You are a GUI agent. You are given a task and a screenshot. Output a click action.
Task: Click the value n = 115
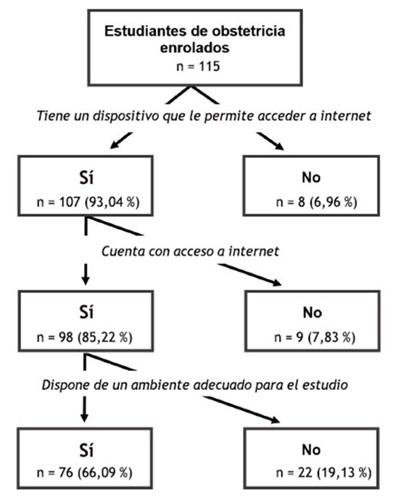pyautogui.click(x=198, y=67)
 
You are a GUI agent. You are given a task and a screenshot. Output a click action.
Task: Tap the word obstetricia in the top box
pyautogui.click(x=244, y=31)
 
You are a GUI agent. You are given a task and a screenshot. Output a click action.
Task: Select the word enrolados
pyautogui.click(x=195, y=48)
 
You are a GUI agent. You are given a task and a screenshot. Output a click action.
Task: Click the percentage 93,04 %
pyautogui.click(x=112, y=202)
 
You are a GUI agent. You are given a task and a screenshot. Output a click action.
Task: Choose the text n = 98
pyautogui.click(x=55, y=337)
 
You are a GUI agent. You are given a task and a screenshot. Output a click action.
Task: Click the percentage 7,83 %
pyautogui.click(x=332, y=337)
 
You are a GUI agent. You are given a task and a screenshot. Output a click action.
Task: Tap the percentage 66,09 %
pyautogui.click(x=104, y=473)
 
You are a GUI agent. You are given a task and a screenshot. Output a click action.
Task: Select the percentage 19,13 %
pyautogui.click(x=344, y=473)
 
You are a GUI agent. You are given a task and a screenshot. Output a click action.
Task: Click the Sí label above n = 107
pyautogui.click(x=86, y=177)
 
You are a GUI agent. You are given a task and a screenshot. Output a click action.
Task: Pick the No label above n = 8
pyautogui.click(x=311, y=178)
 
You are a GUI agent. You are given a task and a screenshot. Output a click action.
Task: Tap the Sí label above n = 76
pyautogui.click(x=86, y=450)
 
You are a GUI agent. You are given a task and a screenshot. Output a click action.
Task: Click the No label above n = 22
pyautogui.click(x=311, y=450)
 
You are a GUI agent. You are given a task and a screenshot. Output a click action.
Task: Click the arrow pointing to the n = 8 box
pyautogui.click(x=270, y=141)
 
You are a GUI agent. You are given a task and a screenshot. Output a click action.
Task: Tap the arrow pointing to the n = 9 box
pyautogui.click(x=250, y=275)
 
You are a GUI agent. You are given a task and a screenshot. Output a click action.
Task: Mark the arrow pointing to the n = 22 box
pyautogui.click(x=241, y=410)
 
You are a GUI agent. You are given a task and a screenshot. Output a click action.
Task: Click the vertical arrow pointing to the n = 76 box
pyautogui.click(x=84, y=409)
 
